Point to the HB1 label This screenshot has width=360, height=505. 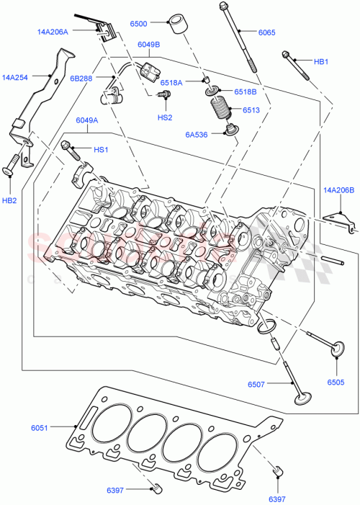[321, 63]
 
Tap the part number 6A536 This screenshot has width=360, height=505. [196, 134]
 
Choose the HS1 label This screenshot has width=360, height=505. [101, 149]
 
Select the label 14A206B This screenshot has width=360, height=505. [339, 190]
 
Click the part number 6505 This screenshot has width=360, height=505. [336, 382]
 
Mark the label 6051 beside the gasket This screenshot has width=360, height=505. [40, 428]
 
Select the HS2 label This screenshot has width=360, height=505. [165, 117]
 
